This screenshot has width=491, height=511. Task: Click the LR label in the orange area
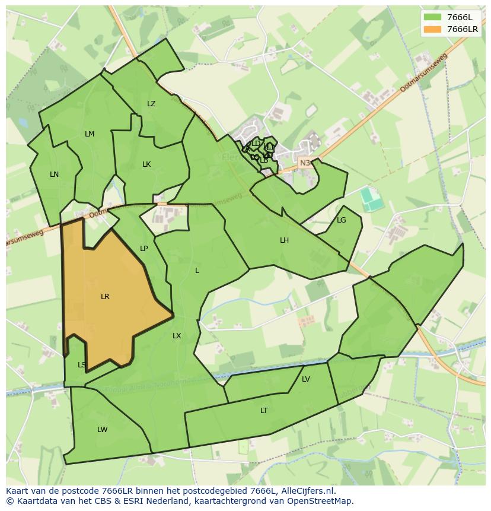(x=105, y=297)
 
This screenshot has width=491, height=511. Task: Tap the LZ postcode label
(x=151, y=104)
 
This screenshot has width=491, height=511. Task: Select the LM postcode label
(x=90, y=134)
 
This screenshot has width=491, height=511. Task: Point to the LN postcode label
(x=54, y=174)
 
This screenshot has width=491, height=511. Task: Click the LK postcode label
(x=146, y=164)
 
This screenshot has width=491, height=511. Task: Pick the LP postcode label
(x=144, y=249)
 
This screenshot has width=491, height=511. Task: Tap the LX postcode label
(x=177, y=336)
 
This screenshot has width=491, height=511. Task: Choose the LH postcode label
(x=285, y=240)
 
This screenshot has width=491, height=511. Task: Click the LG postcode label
(x=341, y=220)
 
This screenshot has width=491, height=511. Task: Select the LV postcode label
(x=306, y=379)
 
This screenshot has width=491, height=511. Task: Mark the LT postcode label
(x=264, y=411)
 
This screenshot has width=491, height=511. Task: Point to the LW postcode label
(x=103, y=430)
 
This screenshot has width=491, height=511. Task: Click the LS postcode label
(x=82, y=365)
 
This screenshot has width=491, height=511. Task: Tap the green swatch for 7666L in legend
(x=433, y=17)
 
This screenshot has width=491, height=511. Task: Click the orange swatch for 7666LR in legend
(x=433, y=29)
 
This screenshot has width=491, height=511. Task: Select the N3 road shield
(x=305, y=163)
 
